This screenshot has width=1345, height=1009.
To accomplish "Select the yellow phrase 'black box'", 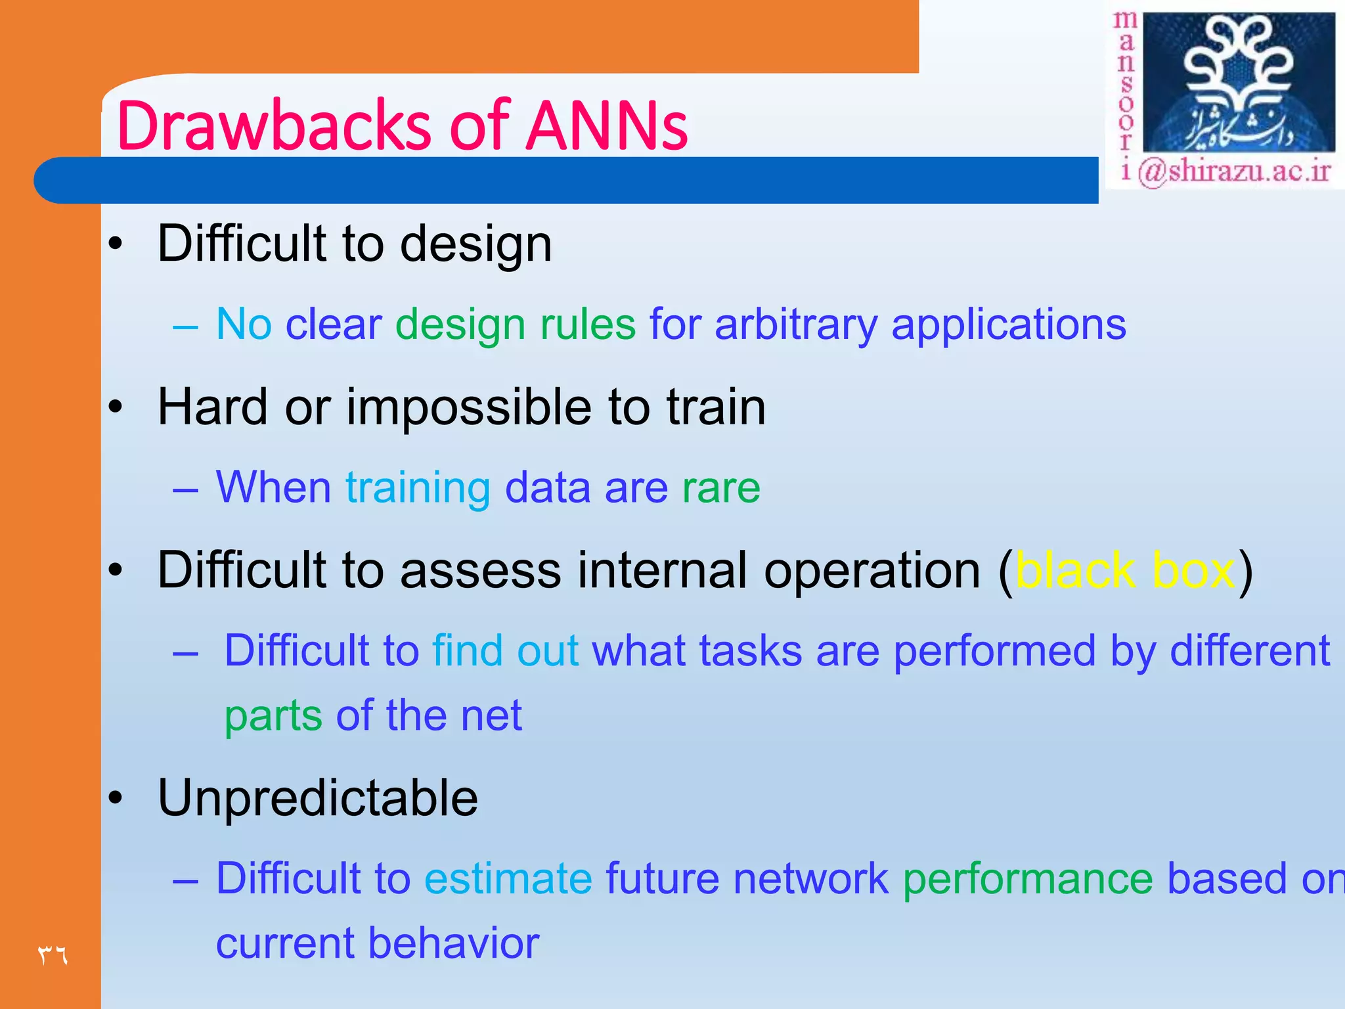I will (1125, 570).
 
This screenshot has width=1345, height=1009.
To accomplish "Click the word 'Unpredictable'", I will (318, 797).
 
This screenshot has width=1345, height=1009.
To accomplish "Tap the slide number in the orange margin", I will (53, 954).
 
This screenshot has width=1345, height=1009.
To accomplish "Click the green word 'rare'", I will (720, 487).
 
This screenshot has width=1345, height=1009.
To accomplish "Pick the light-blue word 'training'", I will (418, 489).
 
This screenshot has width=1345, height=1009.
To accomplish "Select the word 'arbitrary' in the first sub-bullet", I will (795, 325).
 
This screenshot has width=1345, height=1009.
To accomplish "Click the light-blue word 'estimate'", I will (508, 878).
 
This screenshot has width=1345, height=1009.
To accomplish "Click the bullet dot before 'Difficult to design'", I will (116, 244).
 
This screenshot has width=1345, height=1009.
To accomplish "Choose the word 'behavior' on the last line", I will (453, 943).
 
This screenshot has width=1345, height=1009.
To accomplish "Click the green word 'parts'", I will (273, 716).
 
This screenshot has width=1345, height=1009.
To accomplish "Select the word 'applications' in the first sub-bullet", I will (1008, 325).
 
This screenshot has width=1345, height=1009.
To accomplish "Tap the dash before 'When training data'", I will (185, 489).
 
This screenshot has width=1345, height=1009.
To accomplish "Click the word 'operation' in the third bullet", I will (872, 570).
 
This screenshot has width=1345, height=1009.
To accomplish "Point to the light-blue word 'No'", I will (244, 324).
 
